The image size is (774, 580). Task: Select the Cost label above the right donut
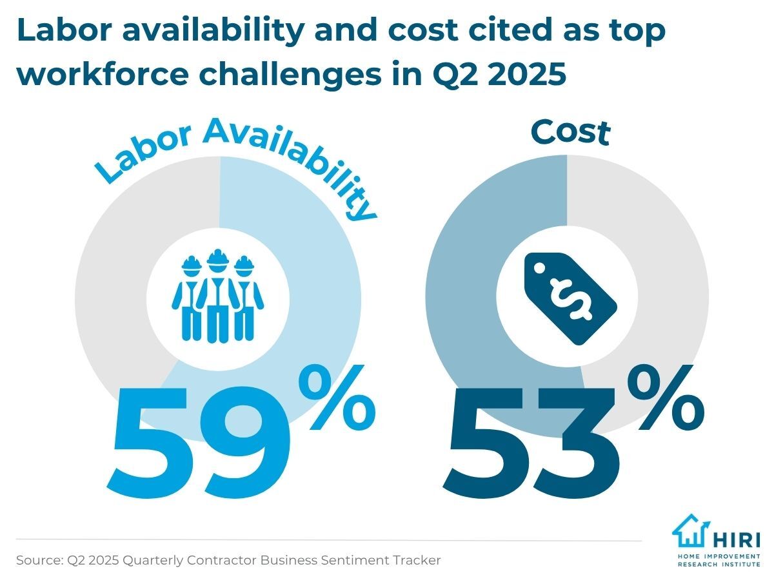click(x=570, y=132)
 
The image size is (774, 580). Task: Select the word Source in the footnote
click(x=39, y=561)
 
